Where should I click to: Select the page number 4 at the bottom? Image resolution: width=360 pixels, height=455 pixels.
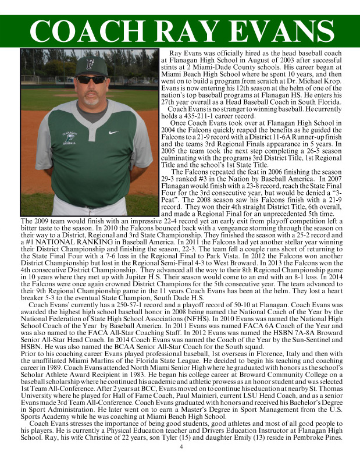[x=180, y=447]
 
